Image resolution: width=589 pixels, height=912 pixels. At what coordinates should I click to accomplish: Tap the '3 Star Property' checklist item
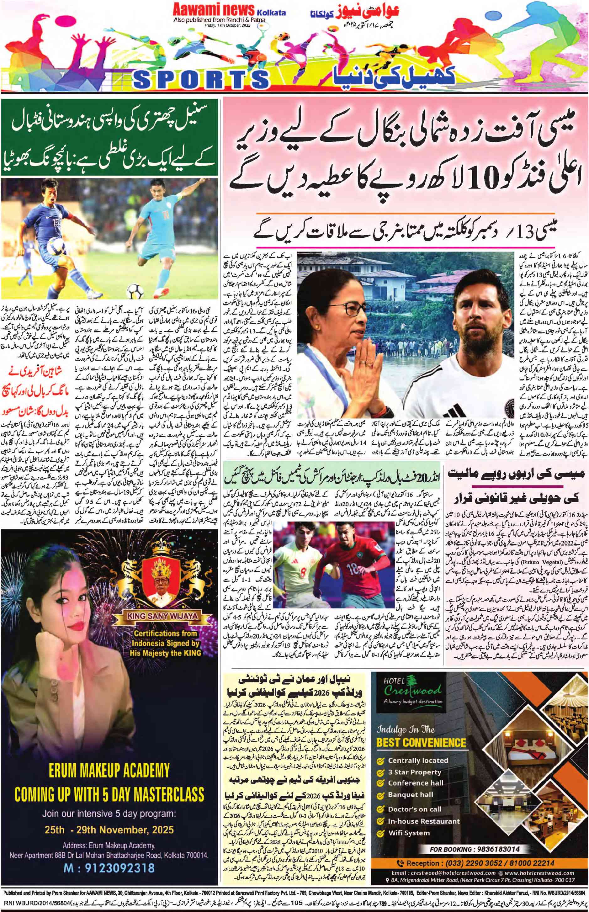click(414, 750)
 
